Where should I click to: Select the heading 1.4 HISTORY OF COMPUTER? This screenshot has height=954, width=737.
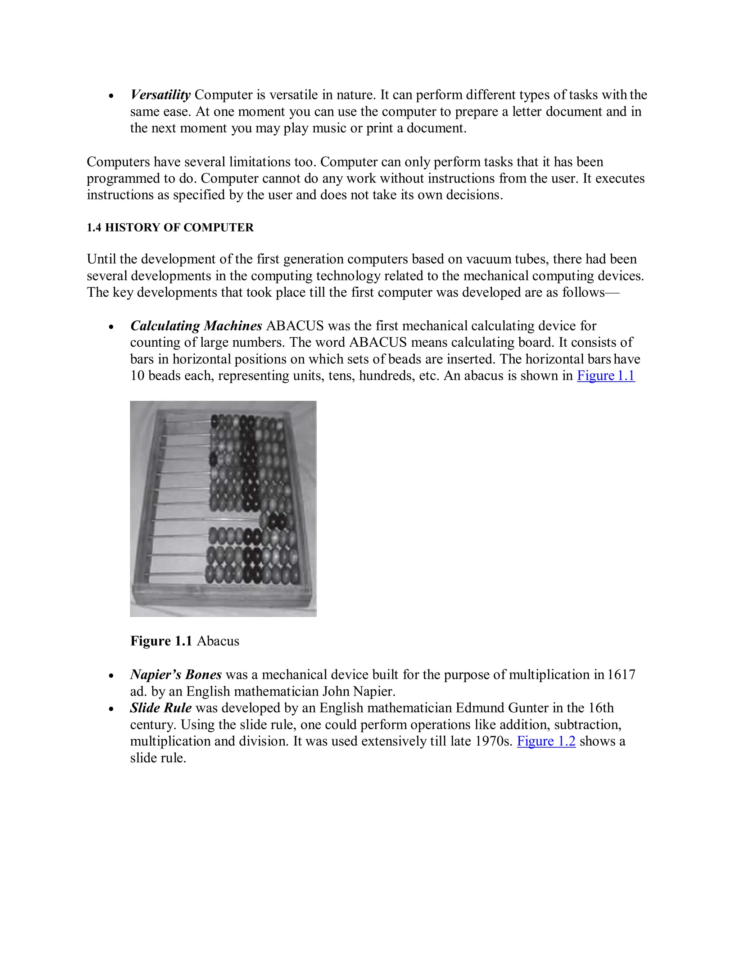tap(170, 228)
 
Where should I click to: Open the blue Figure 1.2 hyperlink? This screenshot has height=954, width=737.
tap(546, 741)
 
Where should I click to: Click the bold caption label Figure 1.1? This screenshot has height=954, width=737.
tap(161, 641)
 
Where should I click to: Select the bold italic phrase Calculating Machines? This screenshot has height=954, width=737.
tap(196, 326)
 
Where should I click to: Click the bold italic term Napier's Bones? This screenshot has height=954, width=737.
tap(176, 675)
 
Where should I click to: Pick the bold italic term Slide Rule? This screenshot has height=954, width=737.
tap(160, 708)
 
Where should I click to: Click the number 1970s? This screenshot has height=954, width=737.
tap(493, 741)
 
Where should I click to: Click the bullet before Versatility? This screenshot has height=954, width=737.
tap(112, 96)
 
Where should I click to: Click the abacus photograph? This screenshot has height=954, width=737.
tap(223, 508)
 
